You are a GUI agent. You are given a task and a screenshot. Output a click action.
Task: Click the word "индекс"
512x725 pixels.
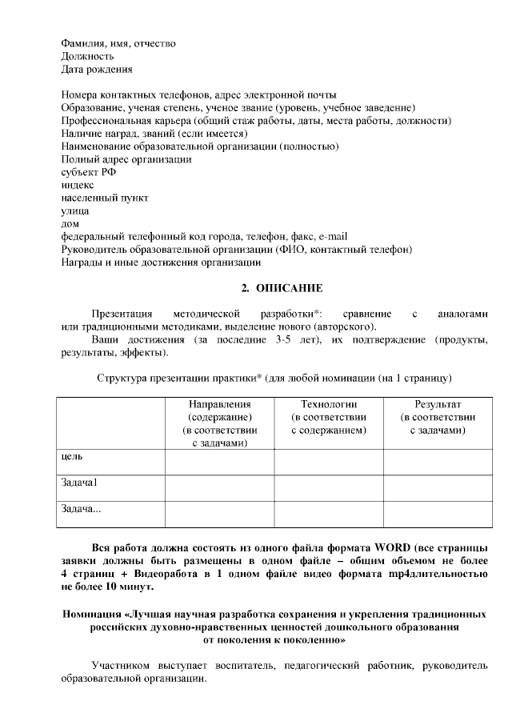pyautogui.click(x=78, y=185)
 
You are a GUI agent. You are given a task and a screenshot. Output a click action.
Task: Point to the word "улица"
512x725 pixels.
pyautogui.click(x=74, y=210)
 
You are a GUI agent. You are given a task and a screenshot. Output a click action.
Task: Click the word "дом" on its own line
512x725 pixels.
pyautogui.click(x=70, y=223)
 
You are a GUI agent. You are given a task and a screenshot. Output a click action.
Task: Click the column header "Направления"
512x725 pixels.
pyautogui.click(x=219, y=405)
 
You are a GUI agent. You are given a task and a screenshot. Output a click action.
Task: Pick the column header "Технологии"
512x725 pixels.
pyautogui.click(x=328, y=405)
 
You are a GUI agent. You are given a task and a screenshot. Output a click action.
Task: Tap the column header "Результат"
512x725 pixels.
pyautogui.click(x=438, y=405)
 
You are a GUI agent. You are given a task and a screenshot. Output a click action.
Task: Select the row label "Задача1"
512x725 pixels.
pyautogui.click(x=79, y=483)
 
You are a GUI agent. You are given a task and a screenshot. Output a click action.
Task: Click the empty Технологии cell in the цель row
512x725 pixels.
pyautogui.click(x=328, y=462)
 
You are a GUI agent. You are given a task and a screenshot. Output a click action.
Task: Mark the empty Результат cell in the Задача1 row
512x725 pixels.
pyautogui.click(x=438, y=487)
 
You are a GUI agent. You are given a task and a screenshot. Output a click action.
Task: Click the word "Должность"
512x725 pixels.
pyautogui.click(x=87, y=57)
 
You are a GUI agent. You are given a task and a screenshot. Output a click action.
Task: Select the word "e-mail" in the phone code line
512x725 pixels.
pyautogui.click(x=333, y=236)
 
